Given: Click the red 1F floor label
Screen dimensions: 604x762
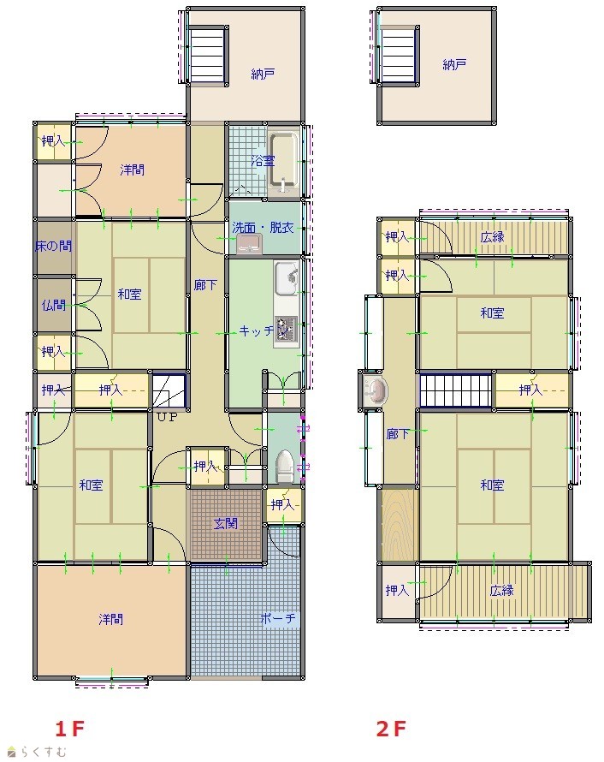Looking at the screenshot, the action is click(69, 729).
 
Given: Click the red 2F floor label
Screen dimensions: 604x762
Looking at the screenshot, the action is click(391, 729).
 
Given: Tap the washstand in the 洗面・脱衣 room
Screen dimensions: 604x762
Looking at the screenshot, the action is click(250, 243).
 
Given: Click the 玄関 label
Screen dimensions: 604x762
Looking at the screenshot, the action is click(226, 524).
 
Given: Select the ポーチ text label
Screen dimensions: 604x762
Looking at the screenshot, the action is click(278, 619).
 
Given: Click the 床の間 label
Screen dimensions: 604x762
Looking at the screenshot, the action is click(53, 246).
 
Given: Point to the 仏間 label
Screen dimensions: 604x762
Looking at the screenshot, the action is click(53, 305).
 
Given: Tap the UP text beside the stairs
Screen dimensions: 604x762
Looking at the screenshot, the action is click(167, 417).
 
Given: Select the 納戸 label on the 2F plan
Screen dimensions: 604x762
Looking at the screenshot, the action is click(454, 64).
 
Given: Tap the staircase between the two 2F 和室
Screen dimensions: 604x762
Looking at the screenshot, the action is click(456, 390).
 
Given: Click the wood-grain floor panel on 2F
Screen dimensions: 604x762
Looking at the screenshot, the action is click(400, 525).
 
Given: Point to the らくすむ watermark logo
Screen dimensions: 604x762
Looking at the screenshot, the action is click(38, 752).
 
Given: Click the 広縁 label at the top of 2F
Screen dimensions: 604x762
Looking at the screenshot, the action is click(492, 237).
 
